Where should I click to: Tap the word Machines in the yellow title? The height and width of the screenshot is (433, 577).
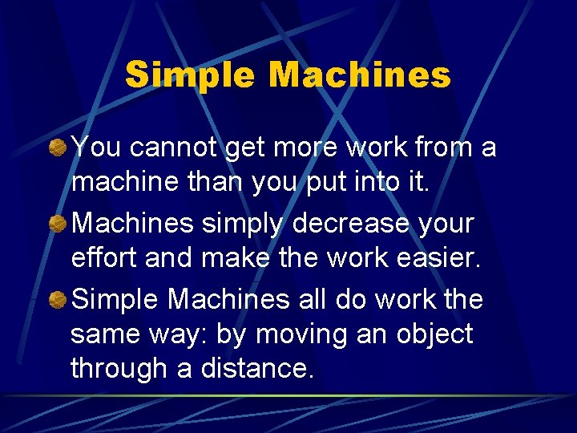coord(359,75)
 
